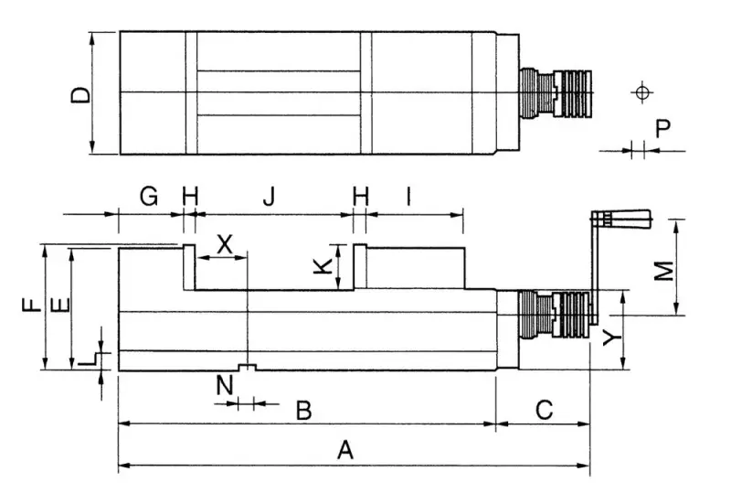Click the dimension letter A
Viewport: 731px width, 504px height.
click(x=344, y=450)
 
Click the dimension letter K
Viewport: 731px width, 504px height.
click(x=319, y=267)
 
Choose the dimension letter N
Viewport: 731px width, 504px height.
click(x=224, y=385)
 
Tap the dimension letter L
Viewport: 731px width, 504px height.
click(x=88, y=359)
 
